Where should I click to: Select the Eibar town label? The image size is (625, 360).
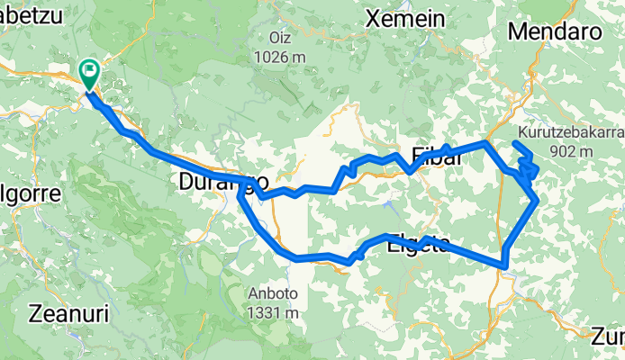pyautogui.click(x=437, y=154)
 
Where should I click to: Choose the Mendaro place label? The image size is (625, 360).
pyautogui.click(x=555, y=31)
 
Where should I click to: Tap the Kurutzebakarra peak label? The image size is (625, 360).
pyautogui.click(x=569, y=132)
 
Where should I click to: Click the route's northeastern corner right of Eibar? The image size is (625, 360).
pyautogui.click(x=487, y=142)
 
